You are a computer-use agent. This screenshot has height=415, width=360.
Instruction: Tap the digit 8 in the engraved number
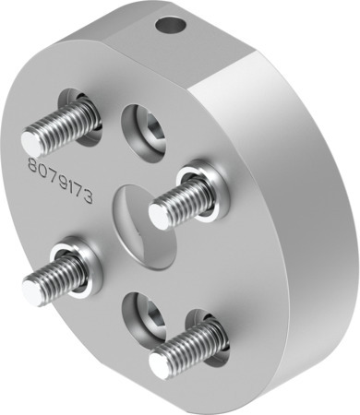point(33,166)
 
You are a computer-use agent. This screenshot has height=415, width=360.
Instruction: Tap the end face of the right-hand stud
point(159,216)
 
